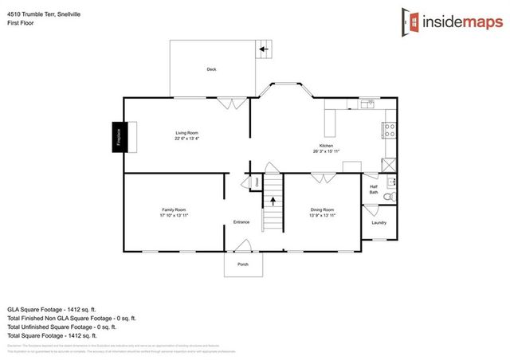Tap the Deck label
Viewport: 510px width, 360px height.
coord(211,70)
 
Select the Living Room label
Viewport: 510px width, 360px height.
coord(187,132)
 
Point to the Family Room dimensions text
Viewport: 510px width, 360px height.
coord(175,216)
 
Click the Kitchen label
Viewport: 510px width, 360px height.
coord(326,146)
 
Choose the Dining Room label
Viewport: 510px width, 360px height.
coord(323,210)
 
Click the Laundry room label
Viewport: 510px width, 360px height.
coord(379,222)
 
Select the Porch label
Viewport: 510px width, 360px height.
coord(242,264)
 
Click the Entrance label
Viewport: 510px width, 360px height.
coord(241,221)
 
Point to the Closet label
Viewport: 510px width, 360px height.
coord(257,182)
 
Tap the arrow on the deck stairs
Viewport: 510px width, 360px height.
coord(262,49)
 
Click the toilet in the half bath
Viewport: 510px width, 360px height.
coord(388,196)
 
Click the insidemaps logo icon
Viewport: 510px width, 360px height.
coord(409,20)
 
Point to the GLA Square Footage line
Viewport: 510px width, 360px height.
coord(52,307)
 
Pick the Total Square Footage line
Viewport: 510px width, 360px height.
coord(52,334)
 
